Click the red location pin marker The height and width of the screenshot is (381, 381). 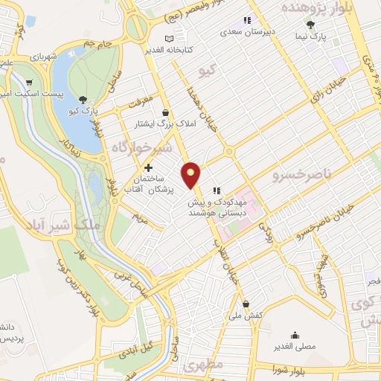click(192, 173)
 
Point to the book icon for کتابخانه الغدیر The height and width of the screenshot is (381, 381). click(170, 38)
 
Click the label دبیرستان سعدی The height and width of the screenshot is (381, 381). click(251, 33)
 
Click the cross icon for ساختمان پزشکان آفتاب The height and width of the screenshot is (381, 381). click(150, 169)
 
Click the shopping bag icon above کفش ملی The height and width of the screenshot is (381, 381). click(246, 304)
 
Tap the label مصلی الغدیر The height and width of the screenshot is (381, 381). click(296, 346)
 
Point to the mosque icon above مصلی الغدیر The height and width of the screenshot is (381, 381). click(296, 335)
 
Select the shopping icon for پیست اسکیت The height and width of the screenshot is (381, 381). click(29, 83)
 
